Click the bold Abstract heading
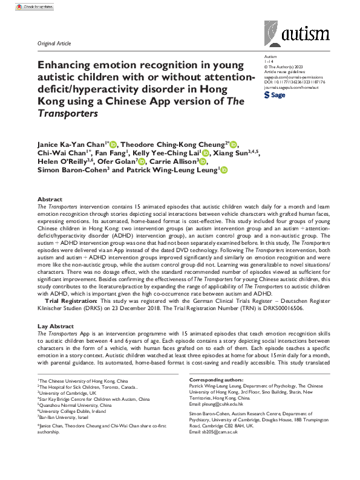point(49,199)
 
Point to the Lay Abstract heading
point(54,326)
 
